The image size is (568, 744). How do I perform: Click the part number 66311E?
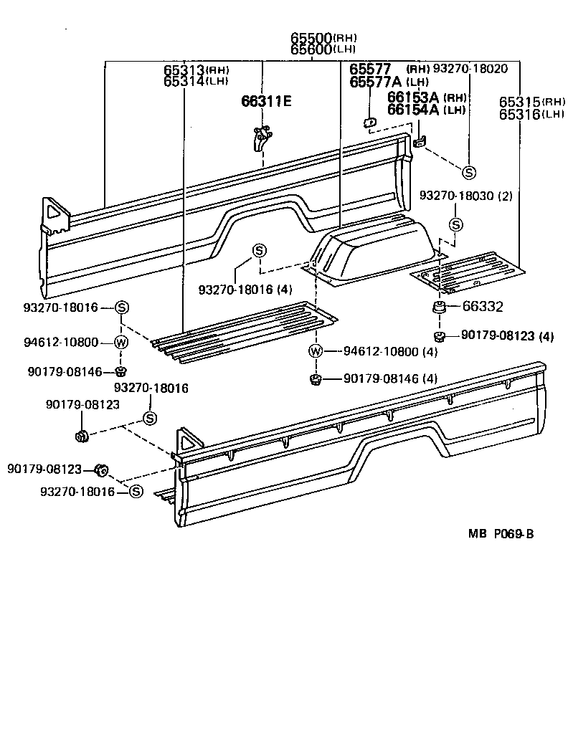[x=265, y=101]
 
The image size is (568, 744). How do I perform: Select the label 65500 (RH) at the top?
[x=323, y=38]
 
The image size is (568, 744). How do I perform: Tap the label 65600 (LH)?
[x=323, y=49]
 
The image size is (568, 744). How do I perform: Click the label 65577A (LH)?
[x=389, y=82]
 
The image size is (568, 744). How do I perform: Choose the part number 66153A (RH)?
[x=427, y=97]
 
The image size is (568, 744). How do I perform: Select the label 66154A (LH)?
[x=427, y=109]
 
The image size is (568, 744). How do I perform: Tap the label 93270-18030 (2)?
[x=465, y=196]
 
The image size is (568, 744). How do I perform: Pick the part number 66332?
[x=482, y=307]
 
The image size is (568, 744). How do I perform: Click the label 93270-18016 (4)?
[x=245, y=289]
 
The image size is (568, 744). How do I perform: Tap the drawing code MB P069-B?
[x=501, y=533]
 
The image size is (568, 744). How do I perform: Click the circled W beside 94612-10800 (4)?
[x=315, y=351]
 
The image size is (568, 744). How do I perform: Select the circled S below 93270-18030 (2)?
[x=455, y=224]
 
